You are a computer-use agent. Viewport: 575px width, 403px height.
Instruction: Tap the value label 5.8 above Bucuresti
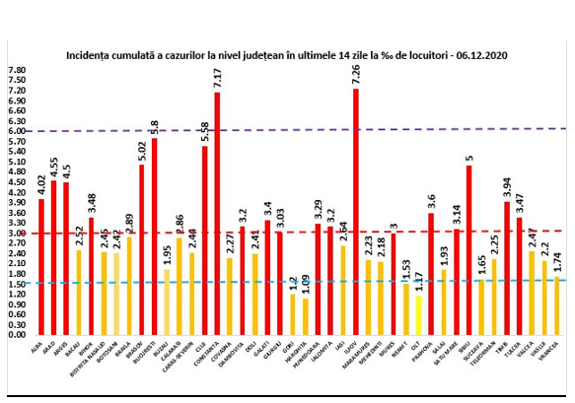click(x=154, y=127)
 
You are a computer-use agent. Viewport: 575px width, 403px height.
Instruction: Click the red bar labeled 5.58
click(x=204, y=240)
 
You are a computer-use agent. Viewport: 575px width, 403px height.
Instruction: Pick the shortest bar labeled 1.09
click(x=305, y=316)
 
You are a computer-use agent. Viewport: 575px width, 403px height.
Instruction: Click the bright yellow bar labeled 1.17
click(x=418, y=314)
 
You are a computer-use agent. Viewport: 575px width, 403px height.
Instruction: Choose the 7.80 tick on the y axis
click(x=17, y=70)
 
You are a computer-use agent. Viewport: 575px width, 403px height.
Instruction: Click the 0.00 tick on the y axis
click(x=17, y=335)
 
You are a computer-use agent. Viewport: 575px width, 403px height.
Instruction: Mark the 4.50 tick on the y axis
click(x=17, y=182)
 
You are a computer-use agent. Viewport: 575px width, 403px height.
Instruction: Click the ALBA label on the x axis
click(x=37, y=345)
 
